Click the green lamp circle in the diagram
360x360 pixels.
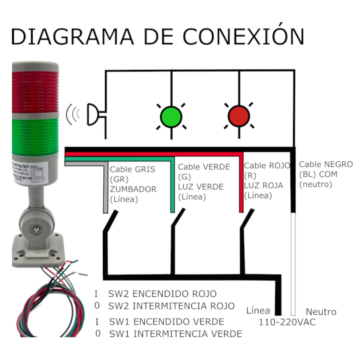[171, 117]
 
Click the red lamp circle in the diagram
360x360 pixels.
[239, 116]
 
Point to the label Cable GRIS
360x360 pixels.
[133, 169]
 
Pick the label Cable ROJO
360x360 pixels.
[267, 165]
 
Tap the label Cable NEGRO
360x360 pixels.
[326, 164]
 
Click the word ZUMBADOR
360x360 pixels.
[133, 189]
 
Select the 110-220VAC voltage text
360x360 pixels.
[287, 322]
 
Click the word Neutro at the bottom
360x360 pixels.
[321, 311]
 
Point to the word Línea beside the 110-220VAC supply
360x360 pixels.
[258, 310]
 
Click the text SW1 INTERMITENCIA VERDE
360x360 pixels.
[175, 334]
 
